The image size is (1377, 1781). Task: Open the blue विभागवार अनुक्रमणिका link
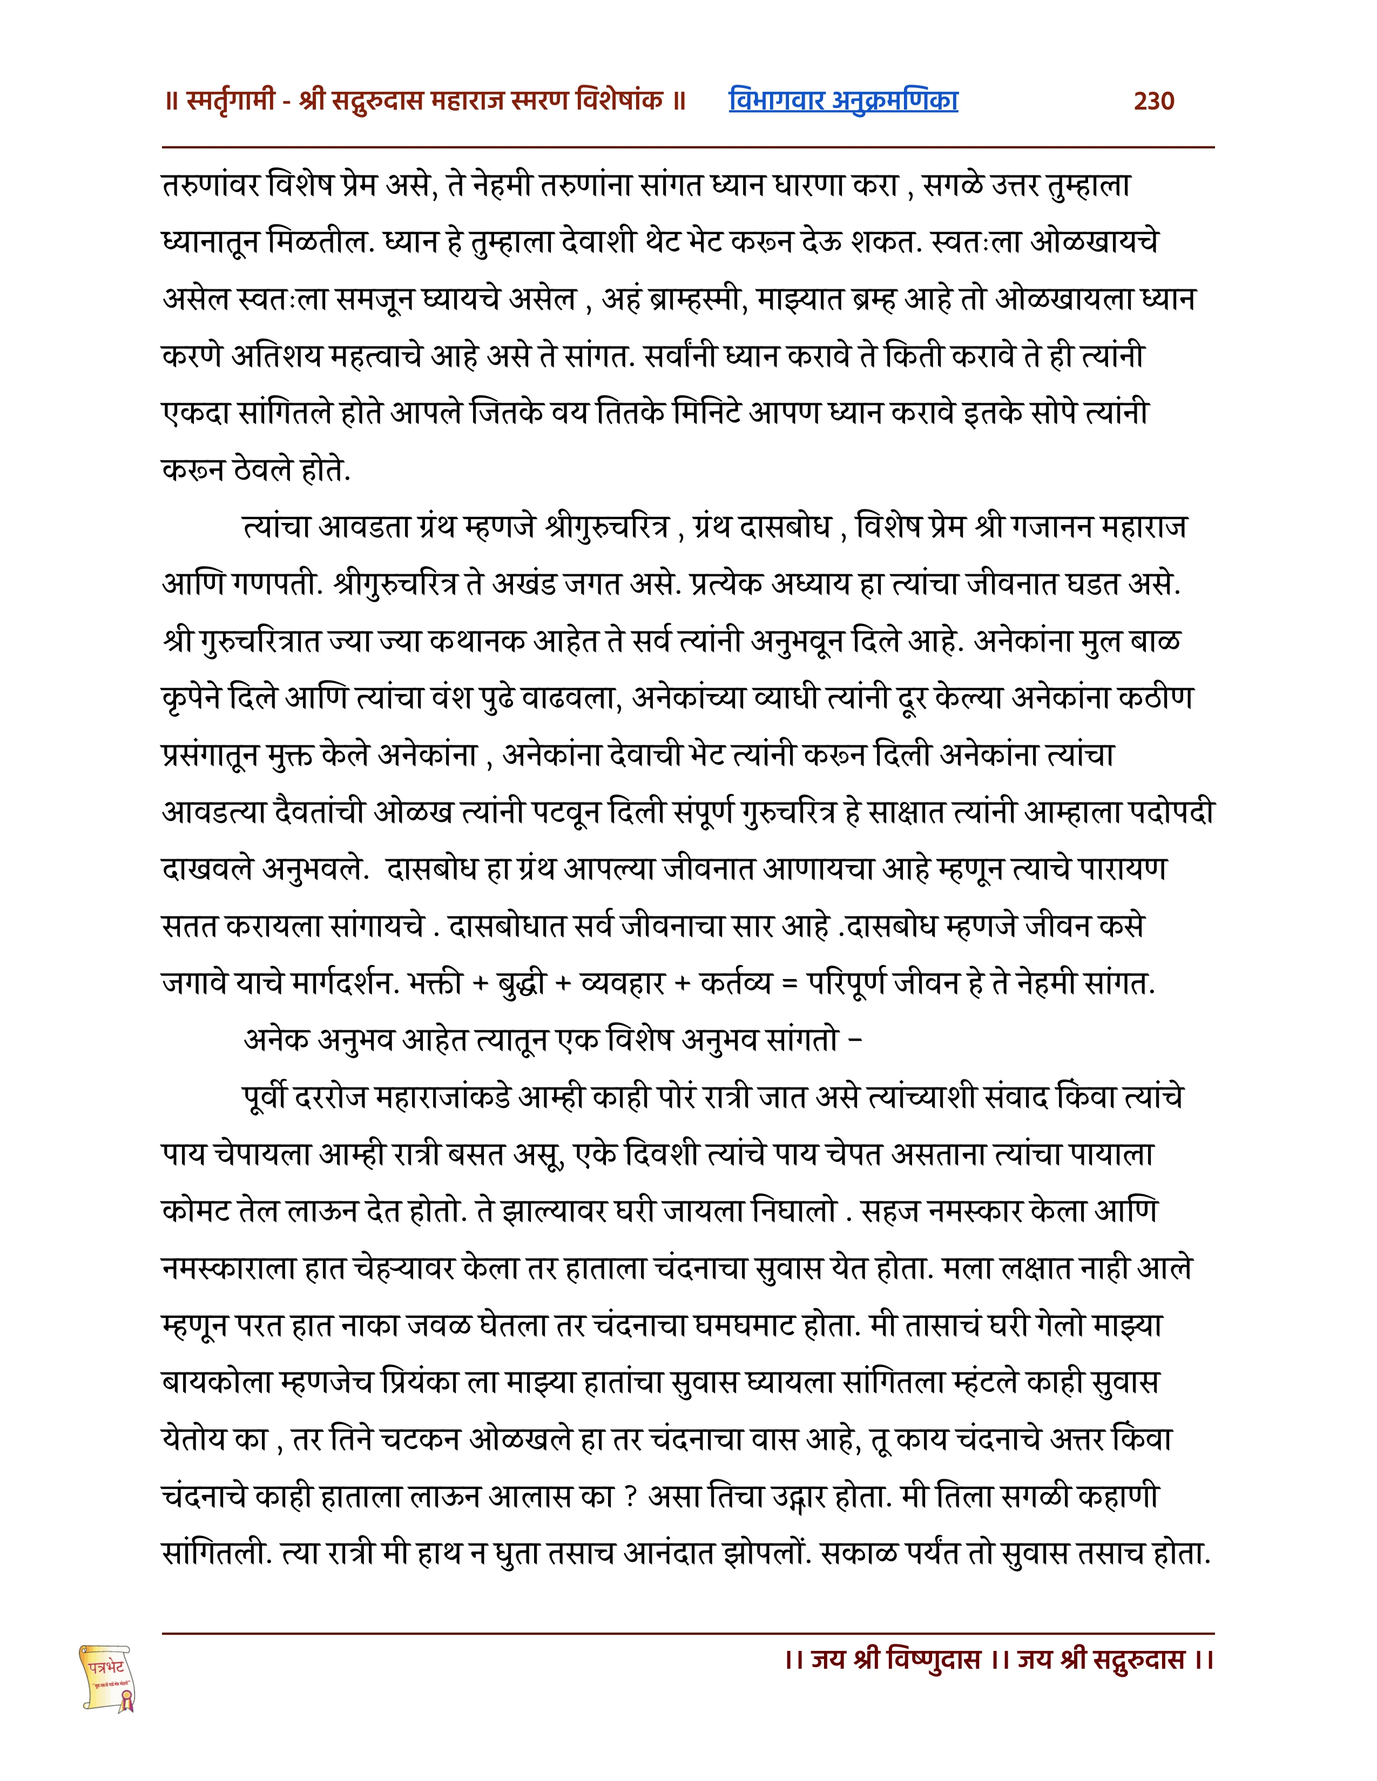coord(843,100)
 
